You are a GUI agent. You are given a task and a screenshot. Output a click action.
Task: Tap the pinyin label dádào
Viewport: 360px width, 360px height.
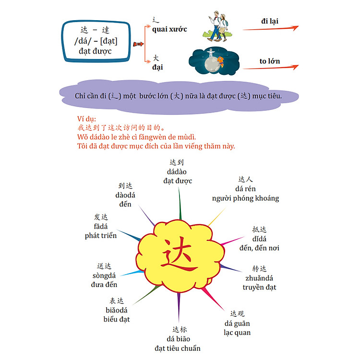pyautogui.click(x=177, y=172)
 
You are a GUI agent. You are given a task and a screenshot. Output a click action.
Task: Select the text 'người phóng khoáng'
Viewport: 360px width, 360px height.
pyautogui.click(x=245, y=198)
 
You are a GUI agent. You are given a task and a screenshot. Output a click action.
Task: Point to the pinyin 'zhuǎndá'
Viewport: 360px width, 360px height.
pyautogui.click(x=259, y=278)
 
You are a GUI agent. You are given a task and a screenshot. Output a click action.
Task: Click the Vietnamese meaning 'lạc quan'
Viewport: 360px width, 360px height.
pyautogui.click(x=237, y=333)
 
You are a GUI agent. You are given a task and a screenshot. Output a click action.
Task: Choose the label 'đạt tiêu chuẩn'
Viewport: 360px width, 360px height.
pyautogui.click(x=178, y=348)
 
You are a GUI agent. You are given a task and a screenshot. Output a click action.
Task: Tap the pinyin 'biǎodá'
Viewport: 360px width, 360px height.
pyautogui.click(x=117, y=310)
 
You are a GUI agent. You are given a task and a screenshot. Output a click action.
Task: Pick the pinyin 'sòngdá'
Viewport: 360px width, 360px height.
pyautogui.click(x=104, y=276)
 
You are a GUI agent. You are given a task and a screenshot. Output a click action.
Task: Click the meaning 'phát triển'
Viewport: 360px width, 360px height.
pyautogui.click(x=101, y=236)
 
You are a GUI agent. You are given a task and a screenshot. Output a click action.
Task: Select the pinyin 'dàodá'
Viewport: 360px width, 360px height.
pyautogui.click(x=125, y=195)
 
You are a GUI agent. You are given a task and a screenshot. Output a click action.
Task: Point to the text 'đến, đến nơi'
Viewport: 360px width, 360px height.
pyautogui.click(x=259, y=248)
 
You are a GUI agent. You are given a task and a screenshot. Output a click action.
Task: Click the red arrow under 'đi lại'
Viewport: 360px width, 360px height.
pyautogui.click(x=271, y=28)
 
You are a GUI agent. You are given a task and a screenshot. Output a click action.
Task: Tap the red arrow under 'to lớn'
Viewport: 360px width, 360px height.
pyautogui.click(x=271, y=67)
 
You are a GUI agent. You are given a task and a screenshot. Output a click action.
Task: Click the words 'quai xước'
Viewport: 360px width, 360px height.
pyautogui.click(x=169, y=29)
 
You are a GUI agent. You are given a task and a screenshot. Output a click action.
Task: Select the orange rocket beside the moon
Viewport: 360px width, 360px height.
pyautogui.click(x=220, y=61)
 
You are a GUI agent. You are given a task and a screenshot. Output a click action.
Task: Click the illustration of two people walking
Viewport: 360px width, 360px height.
pyautogui.click(x=217, y=26)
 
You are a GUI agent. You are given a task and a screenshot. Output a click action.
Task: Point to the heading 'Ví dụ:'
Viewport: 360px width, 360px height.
pyautogui.click(x=86, y=119)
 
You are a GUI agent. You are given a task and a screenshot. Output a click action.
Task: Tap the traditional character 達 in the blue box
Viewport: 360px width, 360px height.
pyautogui.click(x=106, y=30)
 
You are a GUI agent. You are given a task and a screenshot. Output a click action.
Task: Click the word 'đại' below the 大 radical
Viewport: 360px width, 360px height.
pyautogui.click(x=157, y=67)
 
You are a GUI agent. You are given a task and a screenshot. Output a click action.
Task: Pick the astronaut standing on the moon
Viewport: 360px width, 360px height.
pyautogui.click(x=211, y=53)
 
